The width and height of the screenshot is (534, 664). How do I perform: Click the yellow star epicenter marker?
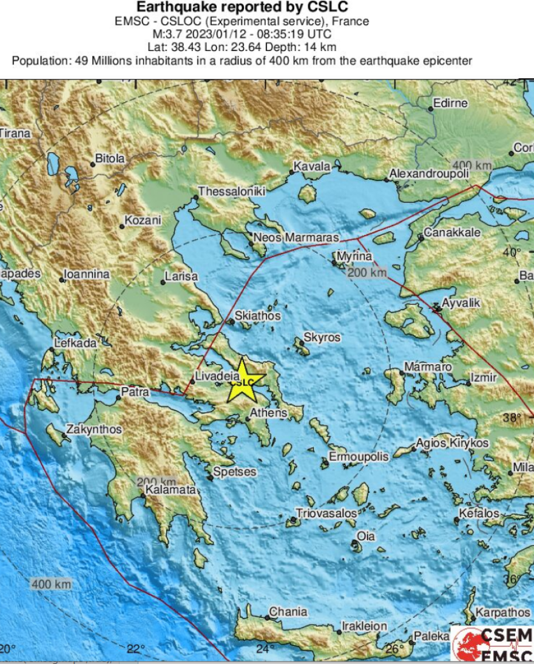point(242,381)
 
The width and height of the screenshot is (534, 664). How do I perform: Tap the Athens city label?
point(271,413)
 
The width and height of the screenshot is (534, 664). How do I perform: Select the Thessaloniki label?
point(232,191)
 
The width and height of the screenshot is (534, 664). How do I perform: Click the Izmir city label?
point(484,378)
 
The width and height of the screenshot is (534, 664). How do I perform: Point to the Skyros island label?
point(322,337)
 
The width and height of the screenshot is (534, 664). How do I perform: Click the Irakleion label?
point(364,626)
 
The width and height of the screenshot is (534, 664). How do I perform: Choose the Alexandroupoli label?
point(429,174)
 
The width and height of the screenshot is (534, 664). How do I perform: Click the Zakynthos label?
point(94,429)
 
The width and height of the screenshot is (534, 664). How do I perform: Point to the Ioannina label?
point(89,274)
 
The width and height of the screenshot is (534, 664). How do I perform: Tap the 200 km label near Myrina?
point(367,273)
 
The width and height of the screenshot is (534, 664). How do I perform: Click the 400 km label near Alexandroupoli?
point(472,166)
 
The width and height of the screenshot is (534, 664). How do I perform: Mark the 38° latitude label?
point(513,418)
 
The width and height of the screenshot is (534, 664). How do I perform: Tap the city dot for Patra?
point(119,398)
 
